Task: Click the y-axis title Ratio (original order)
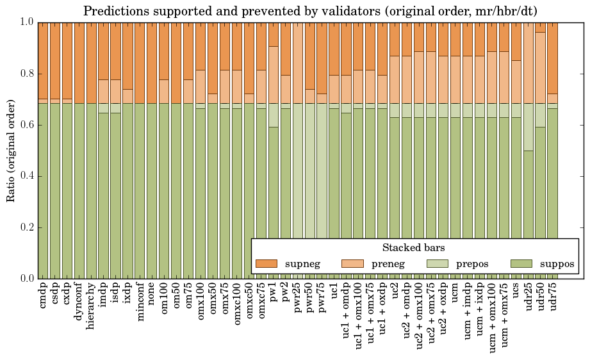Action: pos(11,151)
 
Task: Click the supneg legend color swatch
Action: pos(266,263)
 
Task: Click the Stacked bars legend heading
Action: pos(414,248)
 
